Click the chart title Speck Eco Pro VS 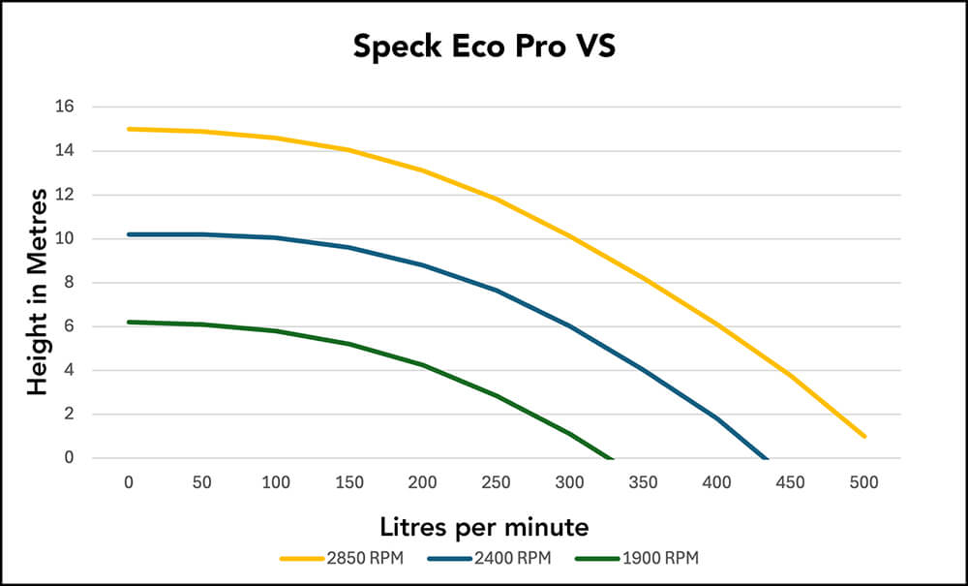(483, 46)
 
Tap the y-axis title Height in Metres (38, 292)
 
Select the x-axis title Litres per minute (483, 527)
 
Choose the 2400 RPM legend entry (503, 558)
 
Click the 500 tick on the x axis (863, 482)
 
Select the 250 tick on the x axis (496, 482)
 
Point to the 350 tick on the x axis (643, 482)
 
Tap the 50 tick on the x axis (202, 482)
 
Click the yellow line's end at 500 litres (863, 437)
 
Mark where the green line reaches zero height (612, 458)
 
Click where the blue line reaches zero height (767, 458)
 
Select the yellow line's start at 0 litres (129, 129)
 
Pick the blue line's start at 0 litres (129, 234)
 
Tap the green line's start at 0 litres (129, 322)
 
